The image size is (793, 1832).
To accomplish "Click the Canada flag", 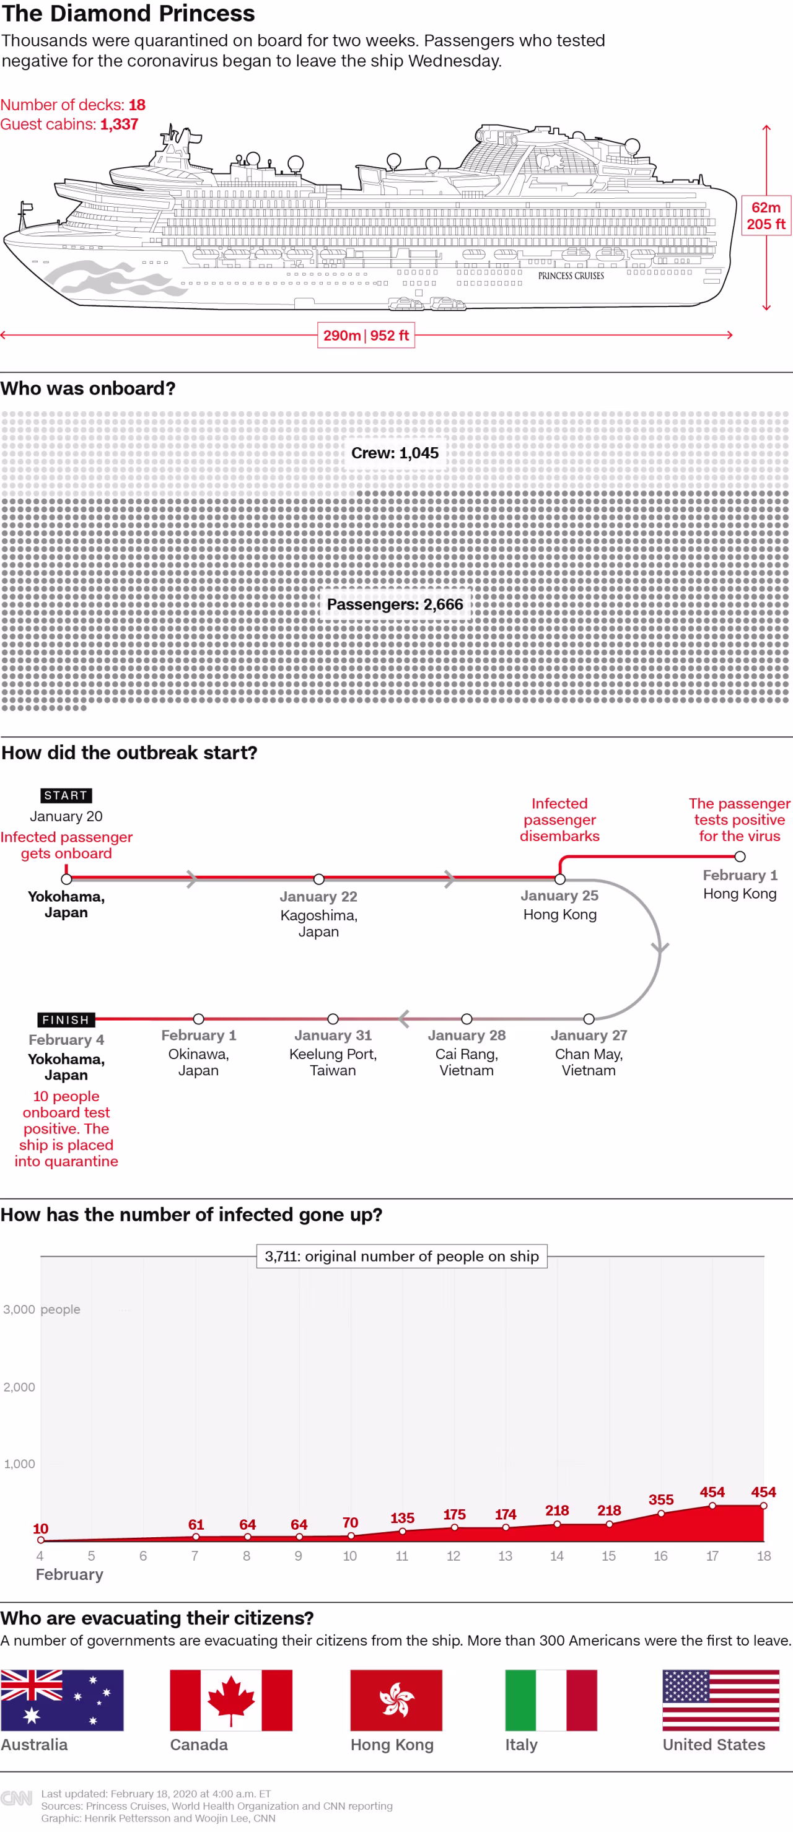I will [230, 1699].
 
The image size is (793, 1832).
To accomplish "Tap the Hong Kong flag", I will [395, 1699].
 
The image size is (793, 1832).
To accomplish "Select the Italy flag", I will [551, 1699].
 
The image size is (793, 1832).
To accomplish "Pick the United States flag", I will [721, 1699].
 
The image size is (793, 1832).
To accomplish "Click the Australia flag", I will [62, 1699].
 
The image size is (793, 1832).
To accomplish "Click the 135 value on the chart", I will [402, 1517].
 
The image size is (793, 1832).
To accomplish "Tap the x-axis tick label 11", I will [402, 1555].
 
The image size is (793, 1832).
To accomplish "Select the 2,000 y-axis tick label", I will [19, 1386].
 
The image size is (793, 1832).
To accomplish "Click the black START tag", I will [66, 795].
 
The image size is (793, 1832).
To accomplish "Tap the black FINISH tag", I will [66, 1019].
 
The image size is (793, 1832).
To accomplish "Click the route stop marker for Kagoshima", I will [318, 879].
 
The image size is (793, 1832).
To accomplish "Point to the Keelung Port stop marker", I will [333, 1018].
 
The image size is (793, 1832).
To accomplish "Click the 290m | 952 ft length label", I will [366, 335].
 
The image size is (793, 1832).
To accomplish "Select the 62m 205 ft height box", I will [766, 216].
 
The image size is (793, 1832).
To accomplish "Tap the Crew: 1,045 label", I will [395, 453].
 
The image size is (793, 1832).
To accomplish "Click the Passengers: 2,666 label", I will [395, 604].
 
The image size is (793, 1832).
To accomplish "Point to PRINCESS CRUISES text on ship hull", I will [571, 276].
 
